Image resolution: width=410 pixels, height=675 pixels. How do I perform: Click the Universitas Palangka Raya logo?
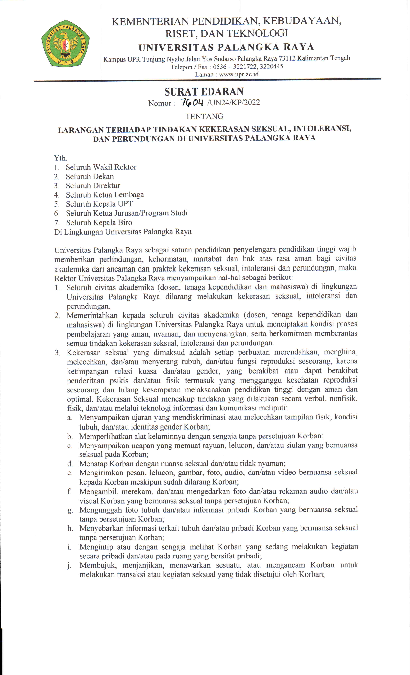65,43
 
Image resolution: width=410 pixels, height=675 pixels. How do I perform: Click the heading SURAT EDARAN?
204,92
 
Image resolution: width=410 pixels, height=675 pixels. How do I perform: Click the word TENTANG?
204,116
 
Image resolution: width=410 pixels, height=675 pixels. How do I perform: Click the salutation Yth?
60,158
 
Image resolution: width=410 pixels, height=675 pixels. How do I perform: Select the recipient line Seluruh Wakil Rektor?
101,167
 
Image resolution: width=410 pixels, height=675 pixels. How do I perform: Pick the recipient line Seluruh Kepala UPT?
99,204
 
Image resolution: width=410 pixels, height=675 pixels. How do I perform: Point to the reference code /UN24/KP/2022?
233,103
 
